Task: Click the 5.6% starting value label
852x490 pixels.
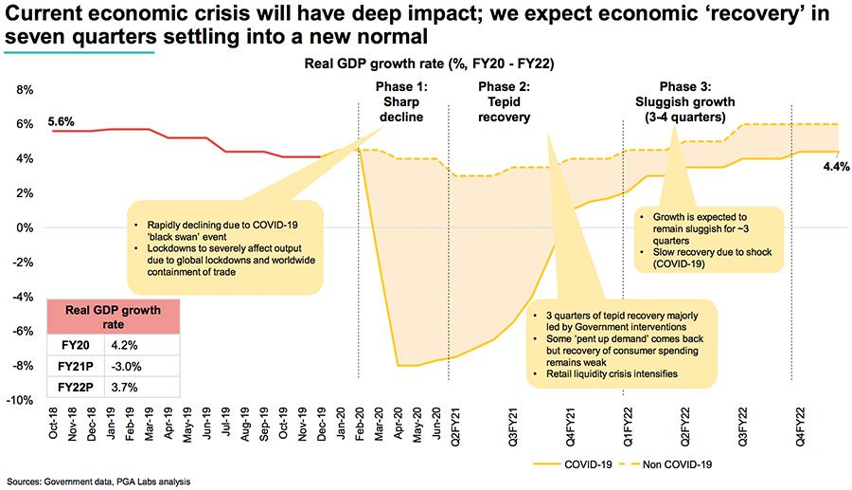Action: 61,122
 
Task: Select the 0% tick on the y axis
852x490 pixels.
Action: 26,227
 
